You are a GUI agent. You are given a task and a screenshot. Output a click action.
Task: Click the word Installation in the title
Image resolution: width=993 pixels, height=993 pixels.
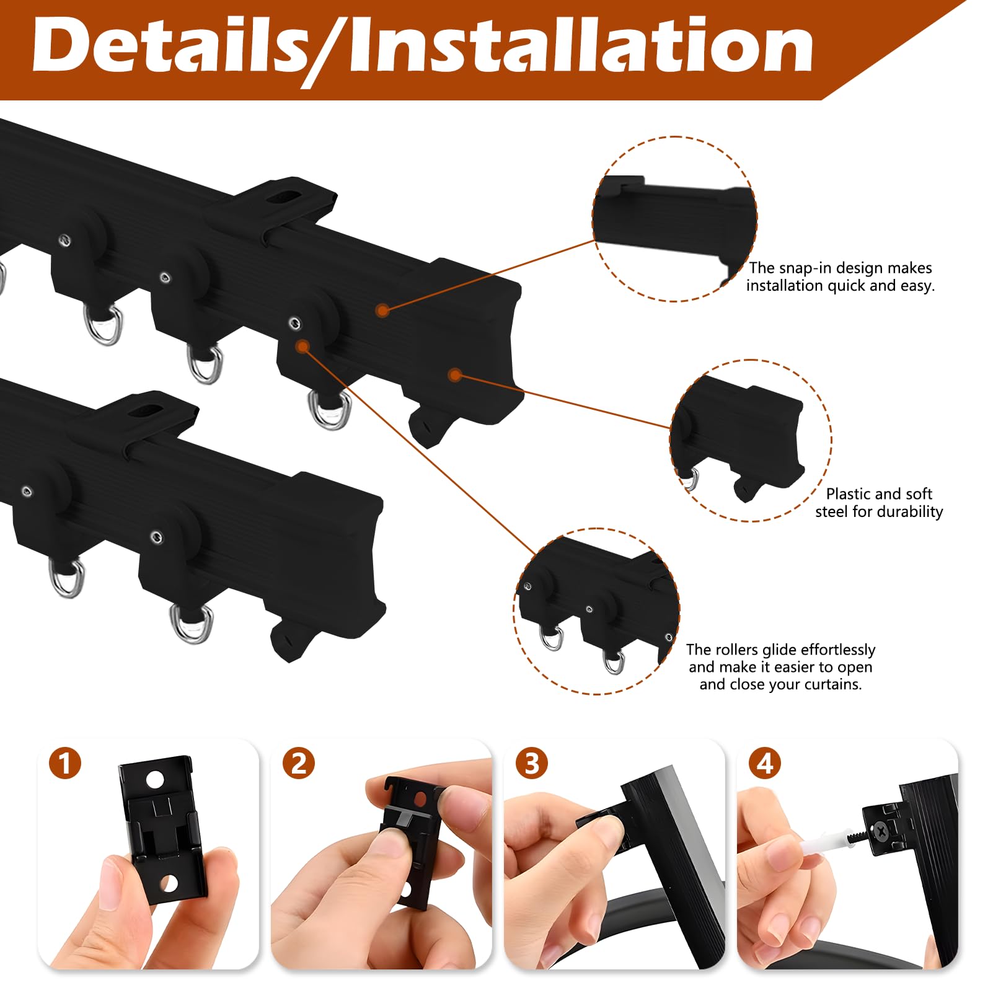581,45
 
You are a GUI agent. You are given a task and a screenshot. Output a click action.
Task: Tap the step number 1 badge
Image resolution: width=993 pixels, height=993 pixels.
65,763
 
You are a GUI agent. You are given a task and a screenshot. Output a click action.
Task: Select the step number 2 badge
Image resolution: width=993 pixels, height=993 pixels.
299,763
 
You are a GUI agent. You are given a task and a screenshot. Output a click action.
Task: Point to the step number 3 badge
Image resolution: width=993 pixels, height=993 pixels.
532,763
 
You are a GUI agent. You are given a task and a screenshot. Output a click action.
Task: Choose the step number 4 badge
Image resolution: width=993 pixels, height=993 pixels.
765,763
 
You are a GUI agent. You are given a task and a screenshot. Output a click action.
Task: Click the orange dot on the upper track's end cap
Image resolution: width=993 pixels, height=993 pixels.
456,374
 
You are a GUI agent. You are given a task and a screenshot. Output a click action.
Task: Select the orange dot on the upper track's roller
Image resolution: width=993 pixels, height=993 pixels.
302,346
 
